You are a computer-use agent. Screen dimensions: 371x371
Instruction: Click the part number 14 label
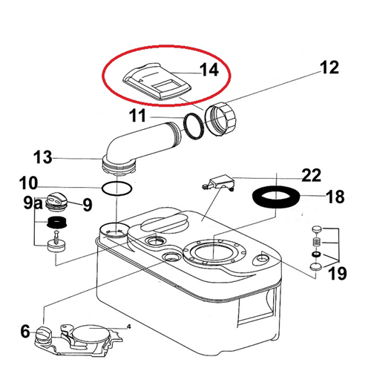point(209,70)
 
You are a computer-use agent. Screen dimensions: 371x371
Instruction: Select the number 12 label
point(329,67)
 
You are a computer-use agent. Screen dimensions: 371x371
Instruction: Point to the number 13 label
point(43,157)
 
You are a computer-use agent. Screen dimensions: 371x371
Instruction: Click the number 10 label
point(29,183)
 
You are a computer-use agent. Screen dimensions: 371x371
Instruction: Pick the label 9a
point(33,203)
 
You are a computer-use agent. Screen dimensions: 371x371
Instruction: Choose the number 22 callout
point(312,175)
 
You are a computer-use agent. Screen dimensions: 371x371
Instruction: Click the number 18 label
point(335,197)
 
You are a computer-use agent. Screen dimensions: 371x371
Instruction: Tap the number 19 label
point(337,273)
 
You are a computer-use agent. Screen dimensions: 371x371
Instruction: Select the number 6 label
point(25,332)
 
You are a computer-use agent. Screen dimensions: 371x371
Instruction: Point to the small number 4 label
point(128,326)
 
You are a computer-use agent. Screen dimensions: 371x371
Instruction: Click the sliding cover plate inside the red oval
point(157,82)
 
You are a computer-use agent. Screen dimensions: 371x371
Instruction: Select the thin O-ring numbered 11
point(194,126)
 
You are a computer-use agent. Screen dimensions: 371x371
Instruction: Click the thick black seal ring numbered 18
point(276,197)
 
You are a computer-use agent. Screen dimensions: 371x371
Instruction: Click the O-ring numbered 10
point(116,189)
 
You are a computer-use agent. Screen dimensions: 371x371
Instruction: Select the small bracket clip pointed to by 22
point(218,183)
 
